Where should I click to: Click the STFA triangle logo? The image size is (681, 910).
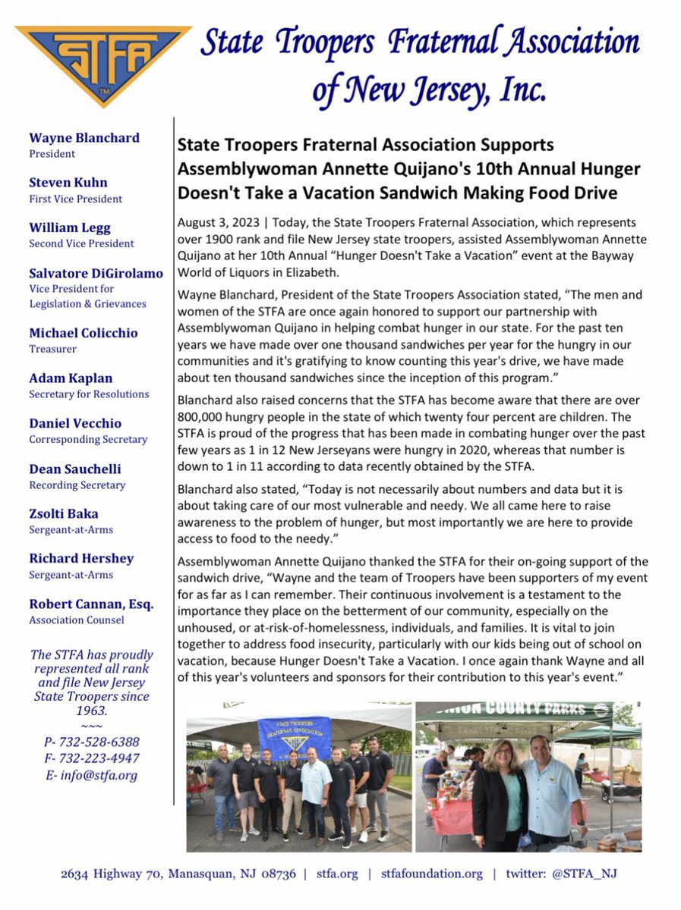point(103,64)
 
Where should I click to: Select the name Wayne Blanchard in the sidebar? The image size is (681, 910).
point(84,138)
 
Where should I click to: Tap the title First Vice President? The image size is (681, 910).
point(75,199)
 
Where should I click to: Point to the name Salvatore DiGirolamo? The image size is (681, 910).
point(96,273)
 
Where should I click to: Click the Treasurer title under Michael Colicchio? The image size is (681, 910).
point(52,349)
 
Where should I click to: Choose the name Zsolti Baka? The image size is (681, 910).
point(64,513)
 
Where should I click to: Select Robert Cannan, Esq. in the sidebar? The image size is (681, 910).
point(90,604)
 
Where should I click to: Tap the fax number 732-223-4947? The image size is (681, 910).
point(98,758)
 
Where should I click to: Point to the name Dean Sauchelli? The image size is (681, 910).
point(75,469)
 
